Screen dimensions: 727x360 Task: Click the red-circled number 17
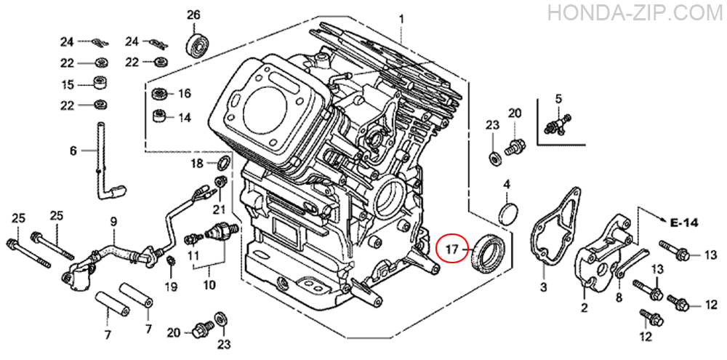[x=452, y=249]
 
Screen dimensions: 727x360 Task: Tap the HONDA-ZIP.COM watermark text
[x=635, y=12]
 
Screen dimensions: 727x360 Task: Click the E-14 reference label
[x=684, y=223]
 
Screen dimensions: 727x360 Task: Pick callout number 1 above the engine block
[x=401, y=20]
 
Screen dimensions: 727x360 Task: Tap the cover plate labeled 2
[x=601, y=257]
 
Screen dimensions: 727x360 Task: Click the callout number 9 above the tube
[x=113, y=223]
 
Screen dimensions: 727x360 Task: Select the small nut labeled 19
[x=170, y=260]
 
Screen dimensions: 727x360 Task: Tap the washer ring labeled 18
[x=224, y=163]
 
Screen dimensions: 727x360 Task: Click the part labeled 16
[x=161, y=94]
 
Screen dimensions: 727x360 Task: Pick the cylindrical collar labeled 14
[x=160, y=115]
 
